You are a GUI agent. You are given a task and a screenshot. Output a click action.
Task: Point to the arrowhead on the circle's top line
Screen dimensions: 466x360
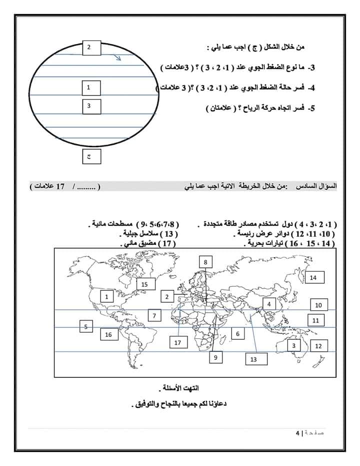click(118, 58)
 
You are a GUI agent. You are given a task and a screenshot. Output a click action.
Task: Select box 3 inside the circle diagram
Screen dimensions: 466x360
click(89, 106)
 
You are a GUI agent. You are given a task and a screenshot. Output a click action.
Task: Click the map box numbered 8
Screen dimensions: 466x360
click(205, 261)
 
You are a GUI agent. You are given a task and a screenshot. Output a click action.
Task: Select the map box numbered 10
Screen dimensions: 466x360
click(318, 305)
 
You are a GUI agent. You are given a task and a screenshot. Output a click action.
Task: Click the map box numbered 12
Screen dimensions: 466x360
click(318, 345)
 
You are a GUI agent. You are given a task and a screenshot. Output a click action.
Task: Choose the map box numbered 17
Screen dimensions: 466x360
click(177, 343)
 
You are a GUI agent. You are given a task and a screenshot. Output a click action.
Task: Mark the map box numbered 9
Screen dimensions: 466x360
click(215, 357)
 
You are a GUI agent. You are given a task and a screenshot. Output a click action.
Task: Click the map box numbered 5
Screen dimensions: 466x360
click(86, 327)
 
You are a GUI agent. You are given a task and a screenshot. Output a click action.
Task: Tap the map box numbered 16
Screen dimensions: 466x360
click(108, 334)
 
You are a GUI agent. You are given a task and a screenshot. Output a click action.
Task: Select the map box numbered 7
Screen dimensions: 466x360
click(155, 316)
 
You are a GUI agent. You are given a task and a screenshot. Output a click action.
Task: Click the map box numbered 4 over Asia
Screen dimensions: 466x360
click(268, 304)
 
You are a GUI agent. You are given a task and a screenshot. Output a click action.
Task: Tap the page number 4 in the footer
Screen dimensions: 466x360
click(297, 432)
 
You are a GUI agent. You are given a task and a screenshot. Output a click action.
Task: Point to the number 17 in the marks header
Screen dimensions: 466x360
click(60, 186)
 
